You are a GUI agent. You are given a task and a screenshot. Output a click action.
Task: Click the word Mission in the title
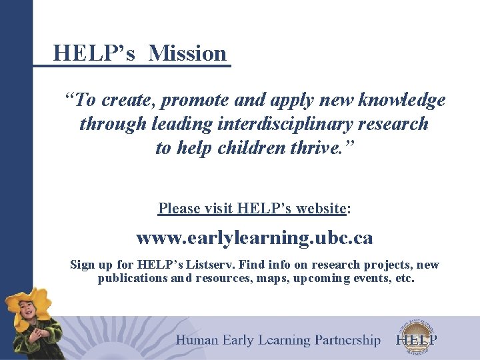point(188,53)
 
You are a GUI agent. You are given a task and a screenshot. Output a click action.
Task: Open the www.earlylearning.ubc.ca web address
point(254,238)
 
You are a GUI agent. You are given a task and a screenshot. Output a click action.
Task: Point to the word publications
point(133,278)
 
